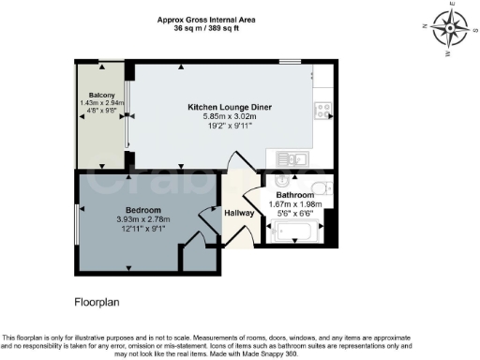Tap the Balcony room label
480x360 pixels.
pyautogui.click(x=103, y=96)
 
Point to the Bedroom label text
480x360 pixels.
pyautogui.click(x=143, y=209)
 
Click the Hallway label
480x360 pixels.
pyautogui.click(x=239, y=214)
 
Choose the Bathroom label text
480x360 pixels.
pyautogui.click(x=294, y=195)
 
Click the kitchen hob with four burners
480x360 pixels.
pyautogui.click(x=322, y=110)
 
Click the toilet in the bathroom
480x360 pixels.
pyautogui.click(x=317, y=185)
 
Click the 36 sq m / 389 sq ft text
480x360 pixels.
pyautogui.click(x=207, y=28)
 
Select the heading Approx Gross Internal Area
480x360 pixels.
pyautogui.click(x=207, y=20)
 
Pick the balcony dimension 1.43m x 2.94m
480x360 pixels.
pyautogui.click(x=103, y=104)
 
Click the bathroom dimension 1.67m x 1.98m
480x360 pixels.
pyautogui.click(x=294, y=203)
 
